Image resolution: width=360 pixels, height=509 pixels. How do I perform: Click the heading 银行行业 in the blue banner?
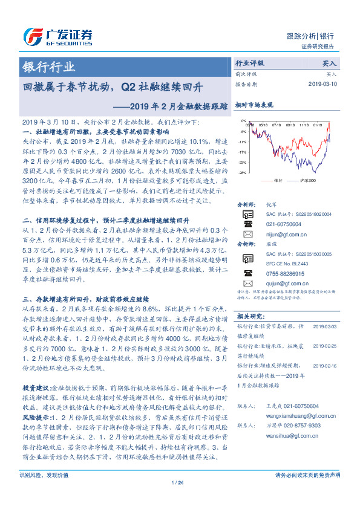(49, 66)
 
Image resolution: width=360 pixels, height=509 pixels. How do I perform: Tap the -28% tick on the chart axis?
(243, 173)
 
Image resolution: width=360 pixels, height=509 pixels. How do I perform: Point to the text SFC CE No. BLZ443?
(280, 262)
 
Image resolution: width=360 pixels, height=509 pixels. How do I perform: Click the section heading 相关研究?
(250, 316)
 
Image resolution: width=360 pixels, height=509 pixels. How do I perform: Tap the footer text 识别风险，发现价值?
(44, 492)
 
